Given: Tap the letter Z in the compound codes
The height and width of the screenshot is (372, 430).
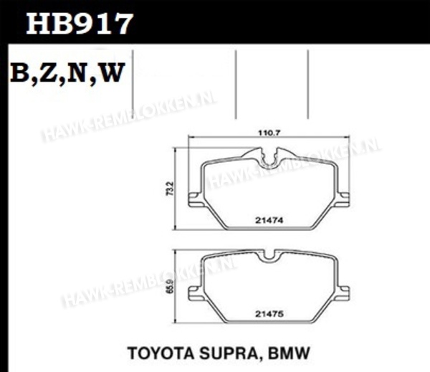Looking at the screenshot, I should (x=49, y=74).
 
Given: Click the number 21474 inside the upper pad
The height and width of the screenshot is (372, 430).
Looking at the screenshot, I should (x=267, y=221).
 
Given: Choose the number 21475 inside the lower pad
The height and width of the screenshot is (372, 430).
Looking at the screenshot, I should (x=267, y=313).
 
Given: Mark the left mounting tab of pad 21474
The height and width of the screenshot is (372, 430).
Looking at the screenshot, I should (x=193, y=200).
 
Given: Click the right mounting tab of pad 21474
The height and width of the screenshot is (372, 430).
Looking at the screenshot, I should (x=342, y=200).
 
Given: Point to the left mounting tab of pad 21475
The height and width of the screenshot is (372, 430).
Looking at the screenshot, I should (x=193, y=292).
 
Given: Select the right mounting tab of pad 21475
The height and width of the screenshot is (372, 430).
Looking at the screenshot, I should (x=342, y=292).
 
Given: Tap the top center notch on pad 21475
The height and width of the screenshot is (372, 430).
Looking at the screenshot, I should (x=268, y=255).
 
